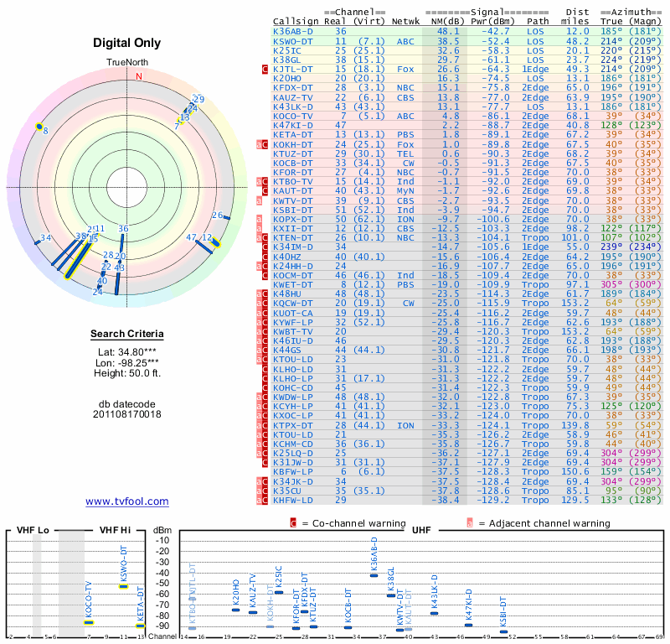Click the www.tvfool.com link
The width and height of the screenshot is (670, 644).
tap(126, 501)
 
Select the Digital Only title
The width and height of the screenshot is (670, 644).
tap(127, 42)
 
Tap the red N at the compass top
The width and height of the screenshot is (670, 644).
tap(140, 76)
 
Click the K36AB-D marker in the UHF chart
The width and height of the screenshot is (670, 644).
tap(374, 574)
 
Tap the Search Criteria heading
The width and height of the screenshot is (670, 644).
tap(127, 335)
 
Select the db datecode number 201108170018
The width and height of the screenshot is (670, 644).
tap(127, 414)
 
